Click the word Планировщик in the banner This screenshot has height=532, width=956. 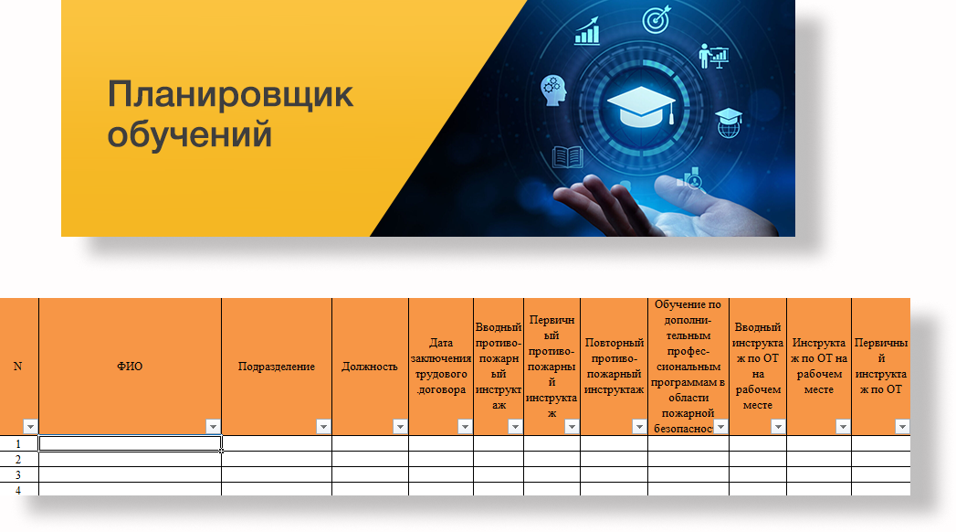coord(230,95)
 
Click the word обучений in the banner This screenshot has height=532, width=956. coord(190,134)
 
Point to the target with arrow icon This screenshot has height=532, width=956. coord(657,19)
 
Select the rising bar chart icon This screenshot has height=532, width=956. coord(587,31)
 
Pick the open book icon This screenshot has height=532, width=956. coord(568,157)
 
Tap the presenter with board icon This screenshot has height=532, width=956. coord(714,56)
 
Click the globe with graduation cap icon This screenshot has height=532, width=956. coord(729,122)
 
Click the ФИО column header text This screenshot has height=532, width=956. coord(130,366)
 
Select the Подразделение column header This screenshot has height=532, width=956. coord(276,366)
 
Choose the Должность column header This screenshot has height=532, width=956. coord(370,366)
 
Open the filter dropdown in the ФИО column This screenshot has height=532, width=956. coord(213,427)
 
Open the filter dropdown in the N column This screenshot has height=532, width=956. coord(30,427)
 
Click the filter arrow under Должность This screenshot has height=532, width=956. coord(400,427)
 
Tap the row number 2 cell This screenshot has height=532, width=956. coord(18,460)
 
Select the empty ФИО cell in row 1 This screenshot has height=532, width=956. coord(130,443)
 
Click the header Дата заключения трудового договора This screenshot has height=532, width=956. coord(441,366)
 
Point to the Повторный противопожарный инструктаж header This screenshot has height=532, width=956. coord(614,366)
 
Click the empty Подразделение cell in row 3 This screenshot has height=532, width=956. coord(277,474)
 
